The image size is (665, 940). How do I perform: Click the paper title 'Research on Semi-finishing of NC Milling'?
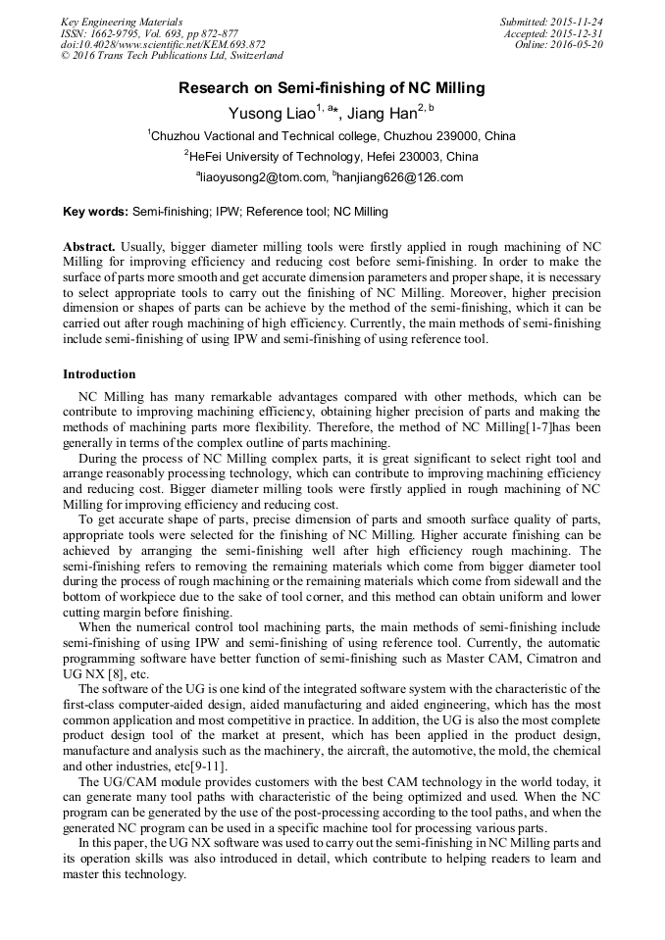pyautogui.click(x=332, y=88)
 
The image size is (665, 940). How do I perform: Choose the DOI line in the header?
pyautogui.click(x=163, y=45)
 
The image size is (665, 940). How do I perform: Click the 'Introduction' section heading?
pyautogui.click(x=99, y=373)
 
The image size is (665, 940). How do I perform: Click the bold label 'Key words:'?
pyautogui.click(x=95, y=211)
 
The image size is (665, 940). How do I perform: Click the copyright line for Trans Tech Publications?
pyautogui.click(x=172, y=57)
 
